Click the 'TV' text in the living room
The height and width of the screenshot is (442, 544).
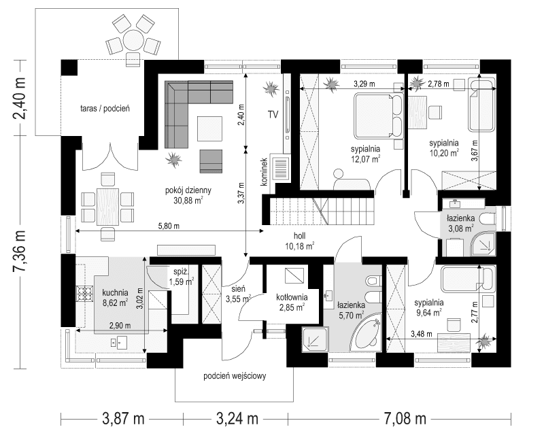pyautogui.click(x=273, y=114)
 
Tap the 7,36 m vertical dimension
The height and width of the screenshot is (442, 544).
pyautogui.click(x=20, y=250)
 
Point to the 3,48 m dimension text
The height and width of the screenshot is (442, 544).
pyautogui.click(x=423, y=334)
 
